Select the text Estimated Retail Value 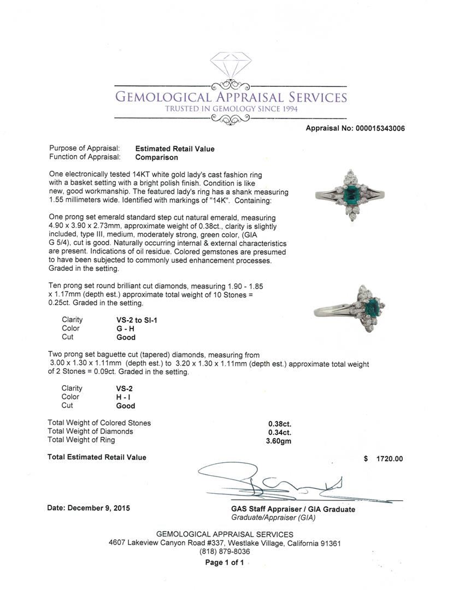click(175, 149)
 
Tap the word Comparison click(156, 157)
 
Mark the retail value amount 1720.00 click(390, 459)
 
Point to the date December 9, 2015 click(89, 508)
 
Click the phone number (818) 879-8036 click(225, 552)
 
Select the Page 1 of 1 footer click(225, 563)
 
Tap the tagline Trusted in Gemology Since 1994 click(231, 109)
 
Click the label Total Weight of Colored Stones click(99, 423)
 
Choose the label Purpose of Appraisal click(85, 149)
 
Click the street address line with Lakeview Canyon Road click(225, 544)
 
